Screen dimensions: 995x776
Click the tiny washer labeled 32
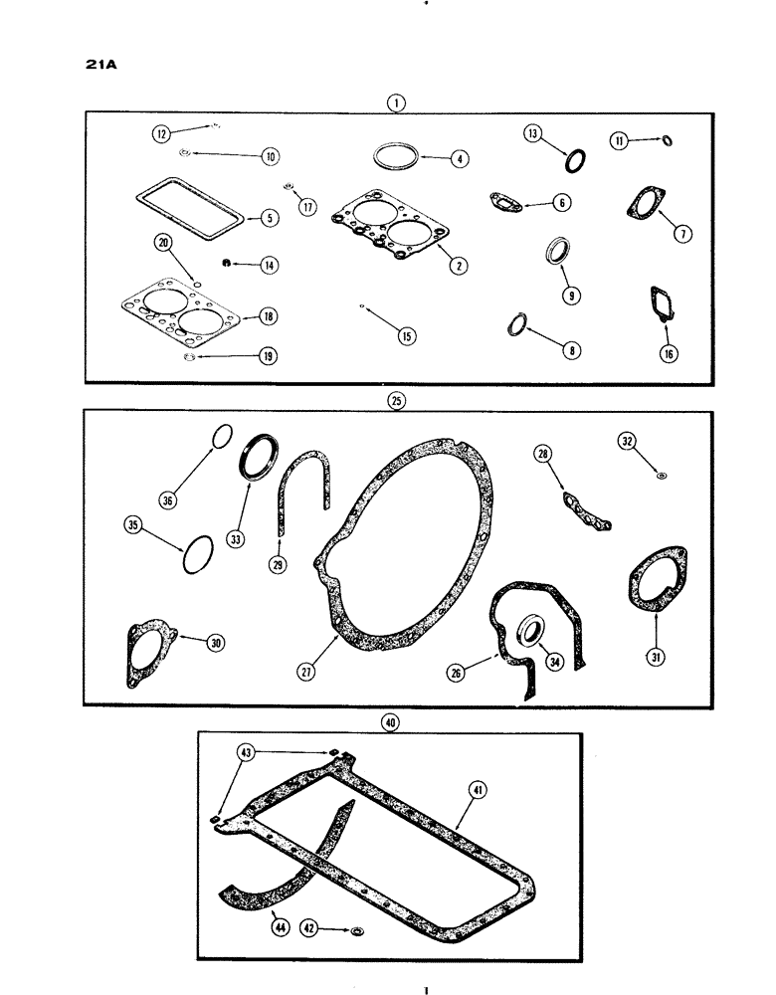[x=661, y=475]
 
